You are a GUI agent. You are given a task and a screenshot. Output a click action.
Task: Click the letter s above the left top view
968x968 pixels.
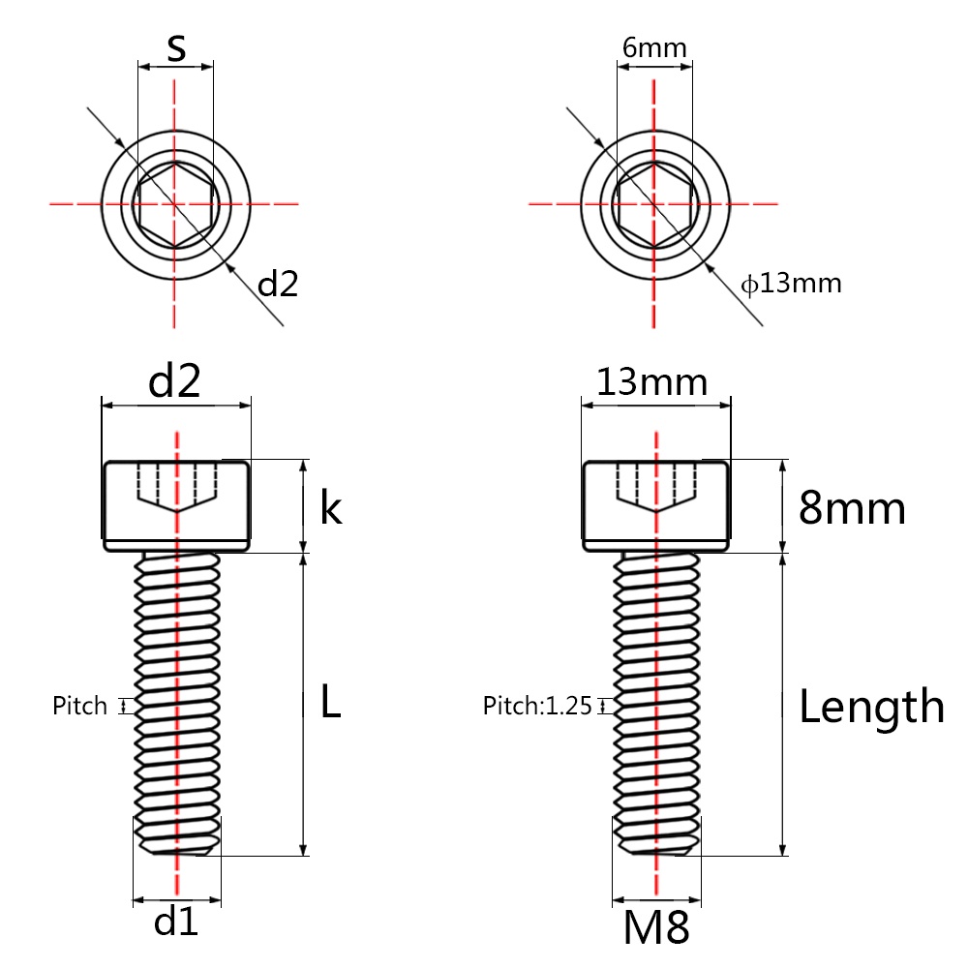point(175,48)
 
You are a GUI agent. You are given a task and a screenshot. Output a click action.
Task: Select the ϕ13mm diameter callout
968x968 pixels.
point(791,284)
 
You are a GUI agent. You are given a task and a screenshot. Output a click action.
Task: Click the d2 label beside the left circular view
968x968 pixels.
point(278,284)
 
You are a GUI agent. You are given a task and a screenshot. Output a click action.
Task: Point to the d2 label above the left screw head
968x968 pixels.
point(175,383)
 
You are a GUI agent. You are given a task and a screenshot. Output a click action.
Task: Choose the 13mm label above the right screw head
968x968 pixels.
point(651,382)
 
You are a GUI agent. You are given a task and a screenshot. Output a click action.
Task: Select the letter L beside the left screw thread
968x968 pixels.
point(330,705)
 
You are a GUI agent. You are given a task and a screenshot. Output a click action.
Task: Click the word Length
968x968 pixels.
point(871,707)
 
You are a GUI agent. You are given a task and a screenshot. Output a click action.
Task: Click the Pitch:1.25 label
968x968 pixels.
point(537,706)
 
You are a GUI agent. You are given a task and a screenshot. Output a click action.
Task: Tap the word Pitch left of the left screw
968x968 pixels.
point(80,706)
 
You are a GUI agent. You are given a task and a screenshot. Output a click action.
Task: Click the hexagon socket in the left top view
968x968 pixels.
point(175,203)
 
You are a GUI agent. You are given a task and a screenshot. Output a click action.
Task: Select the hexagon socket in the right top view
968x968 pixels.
point(655,203)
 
